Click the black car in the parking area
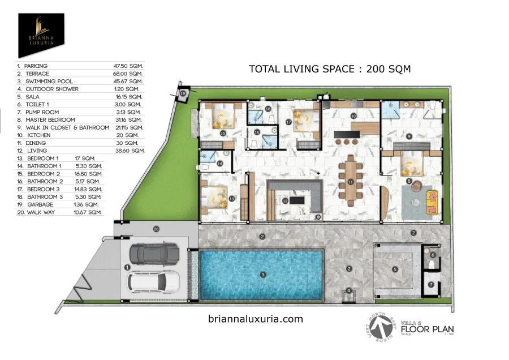[x=153, y=255]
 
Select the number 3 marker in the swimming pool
[x=262, y=275]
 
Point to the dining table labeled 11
[x=350, y=182]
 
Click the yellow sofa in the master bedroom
[x=432, y=199]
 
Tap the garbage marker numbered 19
[x=183, y=94]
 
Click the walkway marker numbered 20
[x=157, y=229]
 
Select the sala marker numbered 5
[x=395, y=269]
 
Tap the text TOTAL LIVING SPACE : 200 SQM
[x=330, y=69]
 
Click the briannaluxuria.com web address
[x=256, y=319]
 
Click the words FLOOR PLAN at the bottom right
[x=427, y=328]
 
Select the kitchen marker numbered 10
[x=353, y=115]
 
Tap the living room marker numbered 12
[x=286, y=200]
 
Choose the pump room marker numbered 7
[x=430, y=284]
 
